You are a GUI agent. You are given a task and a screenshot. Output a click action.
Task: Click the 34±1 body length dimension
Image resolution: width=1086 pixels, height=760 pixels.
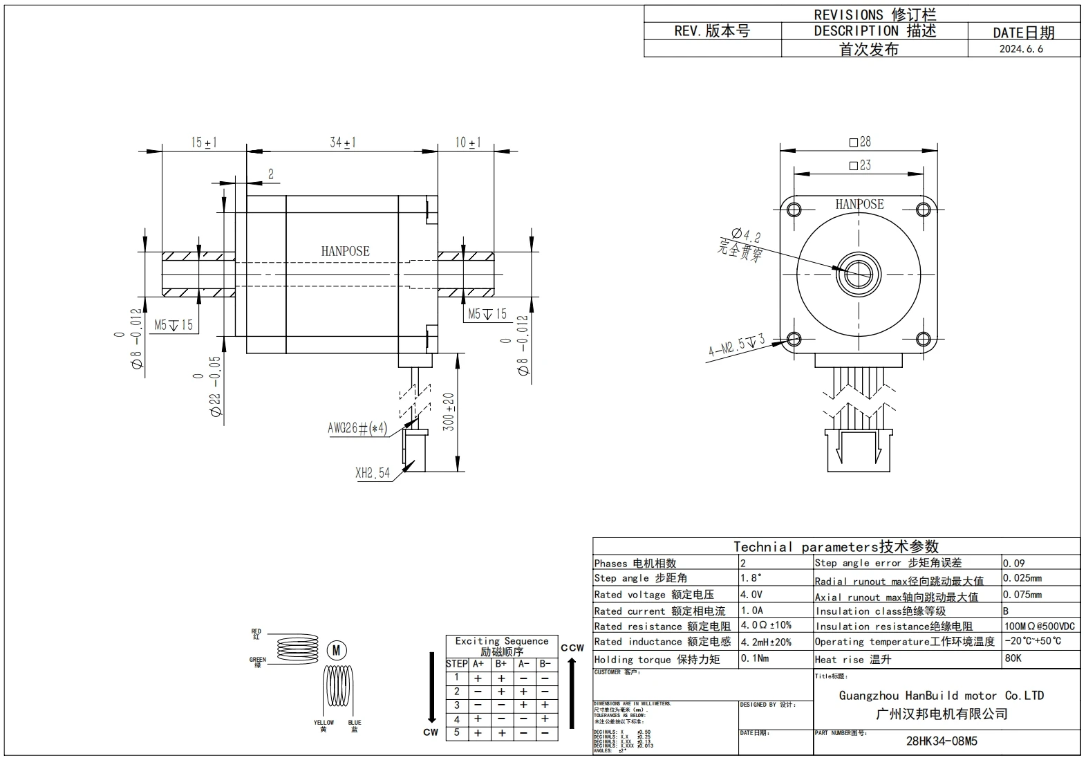342,142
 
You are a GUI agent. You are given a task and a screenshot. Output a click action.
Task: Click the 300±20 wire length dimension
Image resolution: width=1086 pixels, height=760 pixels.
449,412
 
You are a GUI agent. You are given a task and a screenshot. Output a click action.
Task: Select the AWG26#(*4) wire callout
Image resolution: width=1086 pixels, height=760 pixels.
357,428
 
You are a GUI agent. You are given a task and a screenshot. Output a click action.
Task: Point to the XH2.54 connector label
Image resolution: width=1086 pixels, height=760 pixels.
373,473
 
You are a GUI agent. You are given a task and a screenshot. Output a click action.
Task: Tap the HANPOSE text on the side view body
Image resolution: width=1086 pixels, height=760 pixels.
345,251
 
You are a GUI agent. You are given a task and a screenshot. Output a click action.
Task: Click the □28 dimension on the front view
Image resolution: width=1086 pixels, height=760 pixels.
860,142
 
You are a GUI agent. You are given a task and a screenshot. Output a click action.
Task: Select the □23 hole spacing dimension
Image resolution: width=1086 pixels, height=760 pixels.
860,165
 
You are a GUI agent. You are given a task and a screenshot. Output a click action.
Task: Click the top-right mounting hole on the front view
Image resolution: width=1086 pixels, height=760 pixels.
924,209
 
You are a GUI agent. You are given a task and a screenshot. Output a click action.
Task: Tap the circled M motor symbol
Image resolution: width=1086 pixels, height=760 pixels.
337,650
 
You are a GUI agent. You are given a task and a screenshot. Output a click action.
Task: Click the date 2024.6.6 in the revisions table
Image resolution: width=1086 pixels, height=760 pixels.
1021,49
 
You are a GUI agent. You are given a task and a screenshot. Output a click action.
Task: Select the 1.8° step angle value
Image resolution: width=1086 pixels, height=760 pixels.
751,578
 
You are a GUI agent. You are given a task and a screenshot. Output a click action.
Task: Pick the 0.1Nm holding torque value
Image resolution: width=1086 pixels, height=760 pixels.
754,658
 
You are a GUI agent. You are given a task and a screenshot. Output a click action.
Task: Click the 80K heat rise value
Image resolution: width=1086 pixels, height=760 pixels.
1013,658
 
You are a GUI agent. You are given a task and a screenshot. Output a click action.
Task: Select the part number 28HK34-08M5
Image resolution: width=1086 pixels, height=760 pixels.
942,741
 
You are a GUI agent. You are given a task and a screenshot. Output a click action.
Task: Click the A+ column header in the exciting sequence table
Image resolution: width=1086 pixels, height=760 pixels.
478,664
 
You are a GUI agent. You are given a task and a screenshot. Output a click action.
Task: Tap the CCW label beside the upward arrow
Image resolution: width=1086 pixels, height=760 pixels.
572,648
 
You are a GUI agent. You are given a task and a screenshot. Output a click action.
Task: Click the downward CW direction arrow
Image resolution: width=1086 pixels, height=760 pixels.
431,687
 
